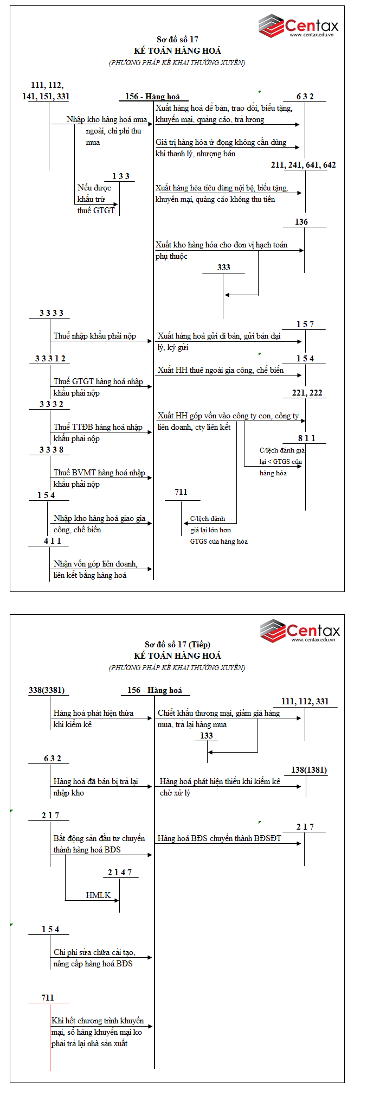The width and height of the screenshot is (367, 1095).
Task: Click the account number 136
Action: tap(301, 222)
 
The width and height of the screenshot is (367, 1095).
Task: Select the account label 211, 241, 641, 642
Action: tap(303, 165)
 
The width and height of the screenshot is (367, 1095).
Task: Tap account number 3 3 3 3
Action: tap(51, 313)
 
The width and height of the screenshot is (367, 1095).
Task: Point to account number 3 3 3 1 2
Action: tap(50, 359)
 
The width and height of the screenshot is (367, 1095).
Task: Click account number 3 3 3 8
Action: tap(51, 450)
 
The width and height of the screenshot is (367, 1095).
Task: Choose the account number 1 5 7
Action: tap(305, 324)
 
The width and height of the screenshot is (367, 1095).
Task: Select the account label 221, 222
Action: tap(307, 393)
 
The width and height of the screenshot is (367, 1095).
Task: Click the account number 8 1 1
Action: tap(306, 438)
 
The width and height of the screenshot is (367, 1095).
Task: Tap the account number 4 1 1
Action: tap(53, 541)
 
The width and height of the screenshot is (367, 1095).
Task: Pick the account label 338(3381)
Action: tap(47, 690)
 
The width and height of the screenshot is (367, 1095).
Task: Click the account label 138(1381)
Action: tap(309, 770)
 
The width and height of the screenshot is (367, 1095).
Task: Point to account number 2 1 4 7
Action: tap(119, 873)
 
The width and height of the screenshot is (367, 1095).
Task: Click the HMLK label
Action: tap(98, 895)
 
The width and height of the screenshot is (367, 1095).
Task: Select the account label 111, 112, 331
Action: tap(305, 702)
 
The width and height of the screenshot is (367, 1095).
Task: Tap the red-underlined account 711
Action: tap(48, 998)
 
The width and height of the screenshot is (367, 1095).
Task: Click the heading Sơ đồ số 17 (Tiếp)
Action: tap(177, 645)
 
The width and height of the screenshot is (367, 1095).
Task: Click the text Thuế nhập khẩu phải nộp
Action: tap(95, 336)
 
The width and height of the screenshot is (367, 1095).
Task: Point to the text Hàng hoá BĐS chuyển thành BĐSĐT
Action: tap(220, 838)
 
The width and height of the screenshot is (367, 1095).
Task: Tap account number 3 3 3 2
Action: tap(51, 404)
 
